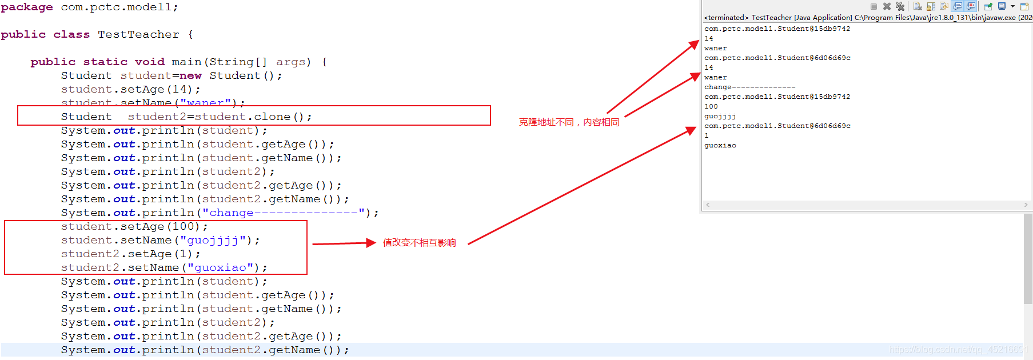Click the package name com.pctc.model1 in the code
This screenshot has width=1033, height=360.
pyautogui.click(x=119, y=7)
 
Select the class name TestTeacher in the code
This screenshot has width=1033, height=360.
pyautogui.click(x=138, y=35)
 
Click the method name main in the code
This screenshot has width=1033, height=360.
pyautogui.click(x=187, y=62)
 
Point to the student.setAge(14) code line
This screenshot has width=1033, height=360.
pyautogui.click(x=130, y=90)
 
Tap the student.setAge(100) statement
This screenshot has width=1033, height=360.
pyautogui.click(x=134, y=227)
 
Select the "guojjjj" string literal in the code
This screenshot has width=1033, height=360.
pyautogui.click(x=213, y=241)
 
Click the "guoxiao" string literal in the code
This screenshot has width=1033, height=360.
pyautogui.click(x=220, y=268)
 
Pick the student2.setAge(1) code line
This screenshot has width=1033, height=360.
pyautogui.click(x=130, y=254)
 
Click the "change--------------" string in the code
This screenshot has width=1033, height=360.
pyautogui.click(x=284, y=213)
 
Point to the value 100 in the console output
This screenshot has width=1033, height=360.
pyautogui.click(x=711, y=107)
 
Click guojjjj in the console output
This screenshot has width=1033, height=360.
pyautogui.click(x=720, y=117)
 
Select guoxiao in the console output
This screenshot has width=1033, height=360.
pyautogui.click(x=720, y=146)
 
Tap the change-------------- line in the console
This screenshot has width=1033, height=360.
pyautogui.click(x=749, y=87)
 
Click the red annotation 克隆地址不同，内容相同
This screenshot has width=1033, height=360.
pyautogui.click(x=569, y=122)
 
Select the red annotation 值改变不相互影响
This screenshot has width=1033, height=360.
pyautogui.click(x=419, y=243)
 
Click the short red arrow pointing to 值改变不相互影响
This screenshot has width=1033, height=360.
pyautogui.click(x=343, y=243)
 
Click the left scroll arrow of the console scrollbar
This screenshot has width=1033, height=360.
pyautogui.click(x=708, y=205)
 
